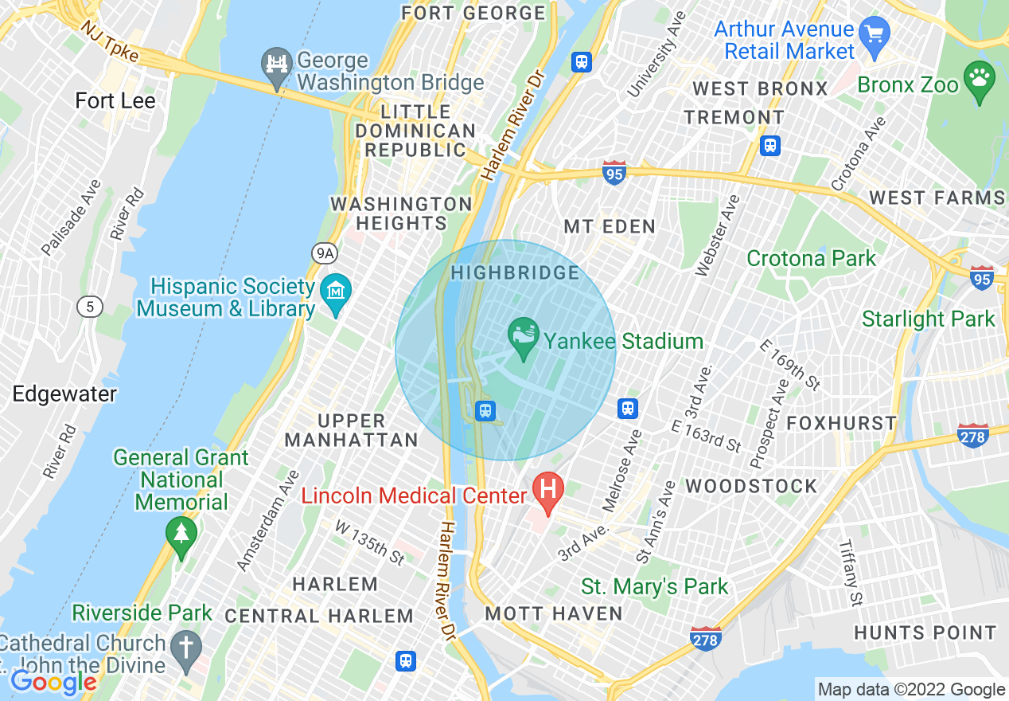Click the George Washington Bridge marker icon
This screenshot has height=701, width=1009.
[276, 66]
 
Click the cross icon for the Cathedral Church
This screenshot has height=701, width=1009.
[185, 648]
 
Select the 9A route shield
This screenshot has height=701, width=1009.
[325, 253]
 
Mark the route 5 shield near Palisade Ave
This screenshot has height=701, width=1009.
[89, 306]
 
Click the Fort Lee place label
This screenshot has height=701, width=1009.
[115, 101]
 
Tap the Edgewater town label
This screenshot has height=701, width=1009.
[64, 394]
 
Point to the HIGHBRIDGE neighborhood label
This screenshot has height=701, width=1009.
[516, 273]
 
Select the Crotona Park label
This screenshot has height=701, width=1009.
[811, 259]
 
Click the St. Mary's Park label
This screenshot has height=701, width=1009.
[655, 587]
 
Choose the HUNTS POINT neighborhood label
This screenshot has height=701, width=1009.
[925, 633]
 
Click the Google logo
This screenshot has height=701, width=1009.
[53, 682]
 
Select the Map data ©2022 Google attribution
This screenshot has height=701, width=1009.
[911, 690]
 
